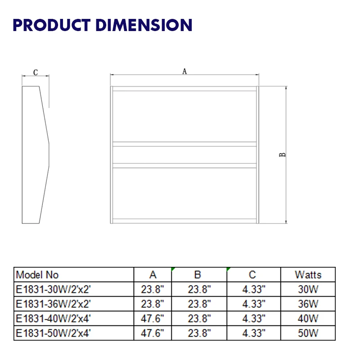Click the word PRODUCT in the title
pos(51,25)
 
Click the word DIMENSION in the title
pos(144,25)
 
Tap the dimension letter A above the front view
pos(184,71)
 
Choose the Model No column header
pos(37,274)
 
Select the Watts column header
pos(308,274)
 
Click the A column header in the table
pos(153,274)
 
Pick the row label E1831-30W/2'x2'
pos(56,289)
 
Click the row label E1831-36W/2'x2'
pos(56,304)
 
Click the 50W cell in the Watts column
pos(308,333)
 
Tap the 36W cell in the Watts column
pos(308,304)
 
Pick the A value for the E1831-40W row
pos(153,319)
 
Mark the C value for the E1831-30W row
pos(254,289)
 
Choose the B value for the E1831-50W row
pos(199,333)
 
